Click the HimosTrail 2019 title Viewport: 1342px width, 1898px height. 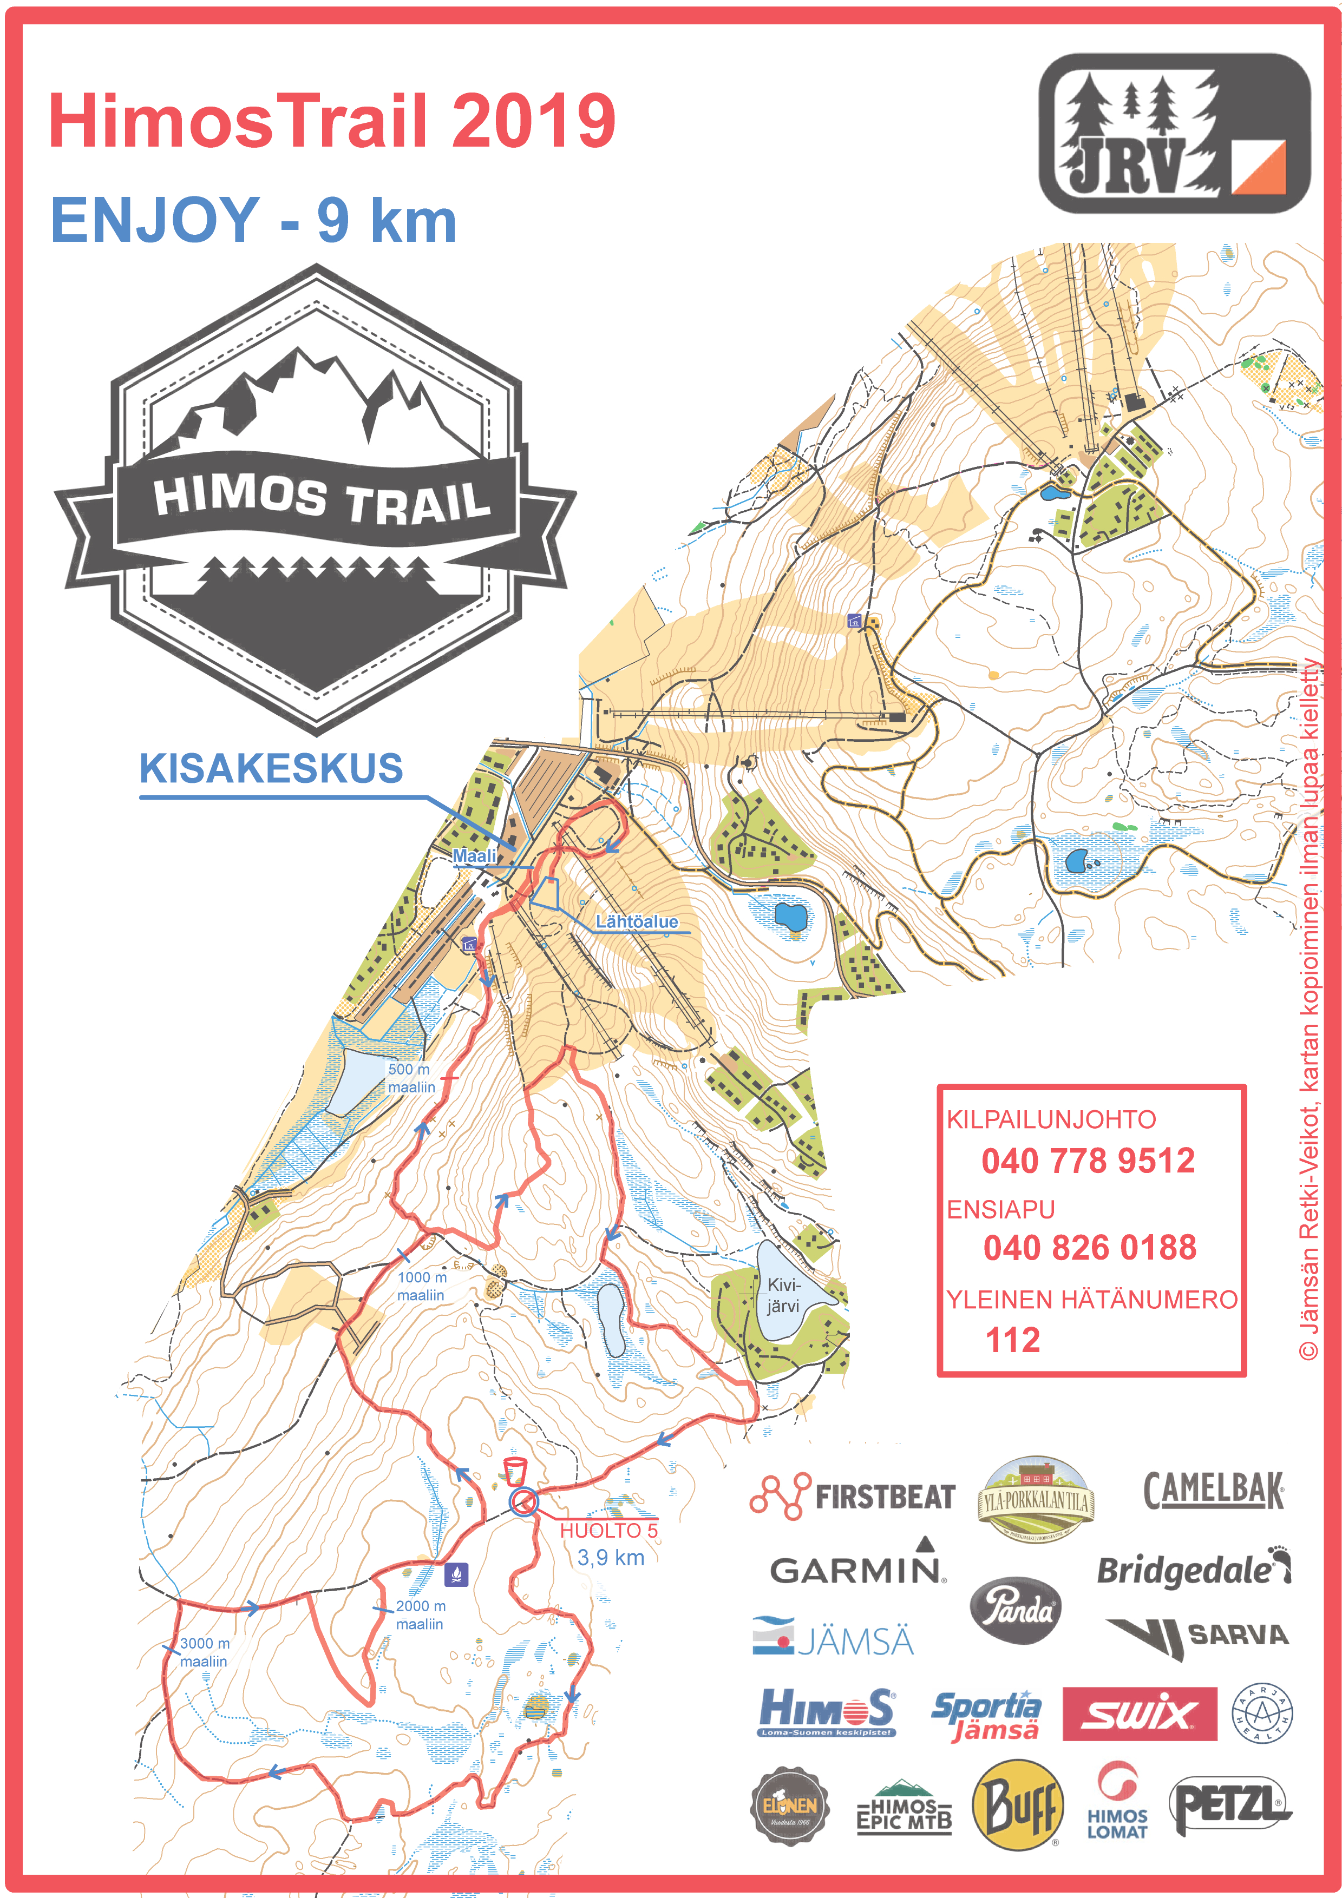pyautogui.click(x=331, y=121)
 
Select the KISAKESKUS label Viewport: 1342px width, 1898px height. pyautogui.click(x=271, y=769)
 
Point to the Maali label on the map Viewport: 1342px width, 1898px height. pyautogui.click(x=475, y=855)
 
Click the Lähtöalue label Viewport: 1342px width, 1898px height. pyautogui.click(x=636, y=922)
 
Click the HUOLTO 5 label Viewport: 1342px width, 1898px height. pyautogui.click(x=608, y=1530)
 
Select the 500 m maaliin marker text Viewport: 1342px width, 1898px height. pyautogui.click(x=411, y=1078)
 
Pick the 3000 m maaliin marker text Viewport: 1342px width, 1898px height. pyautogui.click(x=204, y=1652)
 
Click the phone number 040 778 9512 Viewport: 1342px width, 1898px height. pyautogui.click(x=1088, y=1161)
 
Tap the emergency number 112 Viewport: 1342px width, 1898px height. pyautogui.click(x=1012, y=1340)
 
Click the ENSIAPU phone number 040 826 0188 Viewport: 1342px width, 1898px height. pyautogui.click(x=1089, y=1248)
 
